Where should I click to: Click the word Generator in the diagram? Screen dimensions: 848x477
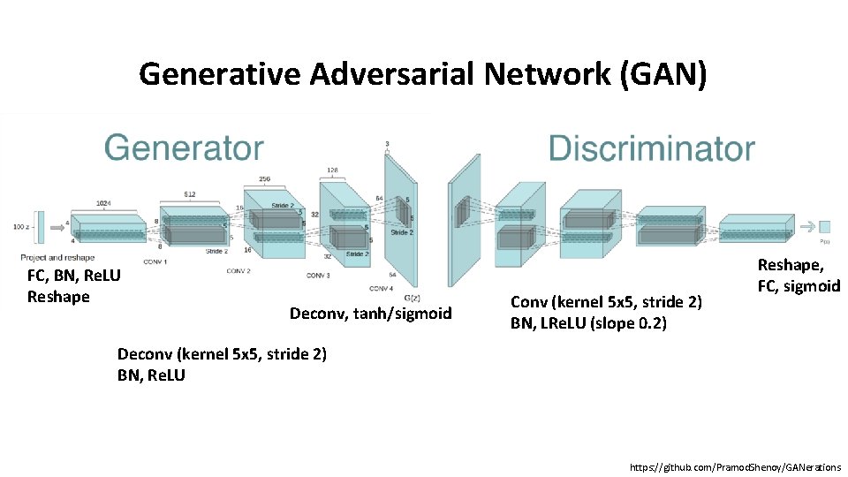point(184,148)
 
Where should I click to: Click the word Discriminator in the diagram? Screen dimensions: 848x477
point(652,148)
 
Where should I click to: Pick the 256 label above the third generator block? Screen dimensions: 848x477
point(263,178)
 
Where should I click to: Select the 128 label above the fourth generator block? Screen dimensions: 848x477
point(332,170)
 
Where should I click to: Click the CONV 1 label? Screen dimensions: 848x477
point(155,261)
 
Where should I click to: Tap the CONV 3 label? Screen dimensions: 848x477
point(318,276)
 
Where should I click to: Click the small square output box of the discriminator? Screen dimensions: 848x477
point(825,226)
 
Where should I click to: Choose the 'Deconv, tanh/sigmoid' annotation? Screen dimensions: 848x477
point(370,314)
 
